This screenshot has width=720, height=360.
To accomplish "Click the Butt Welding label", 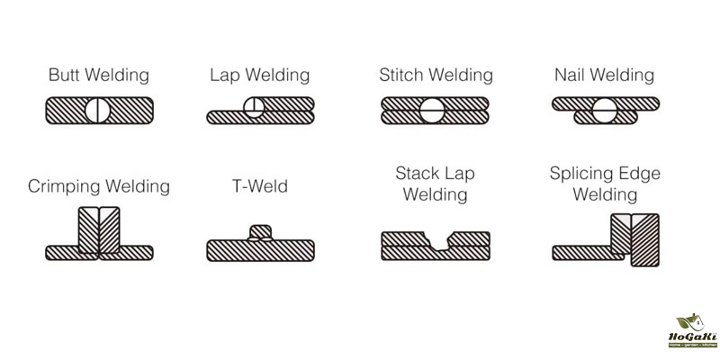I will point(99,75).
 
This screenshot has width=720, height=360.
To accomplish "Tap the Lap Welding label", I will point(259,75).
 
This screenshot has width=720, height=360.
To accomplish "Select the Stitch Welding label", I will point(436,75).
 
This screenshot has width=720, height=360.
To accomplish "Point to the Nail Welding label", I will point(604,75).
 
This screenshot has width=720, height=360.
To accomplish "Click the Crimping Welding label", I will point(99,186).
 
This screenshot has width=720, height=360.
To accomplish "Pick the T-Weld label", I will point(259,186).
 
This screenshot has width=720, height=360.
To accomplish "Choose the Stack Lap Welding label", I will point(435,183).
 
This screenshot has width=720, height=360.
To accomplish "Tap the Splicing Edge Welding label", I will point(604,183).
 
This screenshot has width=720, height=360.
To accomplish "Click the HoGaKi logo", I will point(692,330).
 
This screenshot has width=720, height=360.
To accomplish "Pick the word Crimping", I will point(65,186).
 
